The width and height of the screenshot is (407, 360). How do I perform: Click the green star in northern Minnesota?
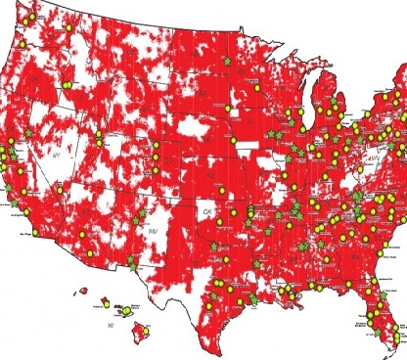[228, 61]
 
